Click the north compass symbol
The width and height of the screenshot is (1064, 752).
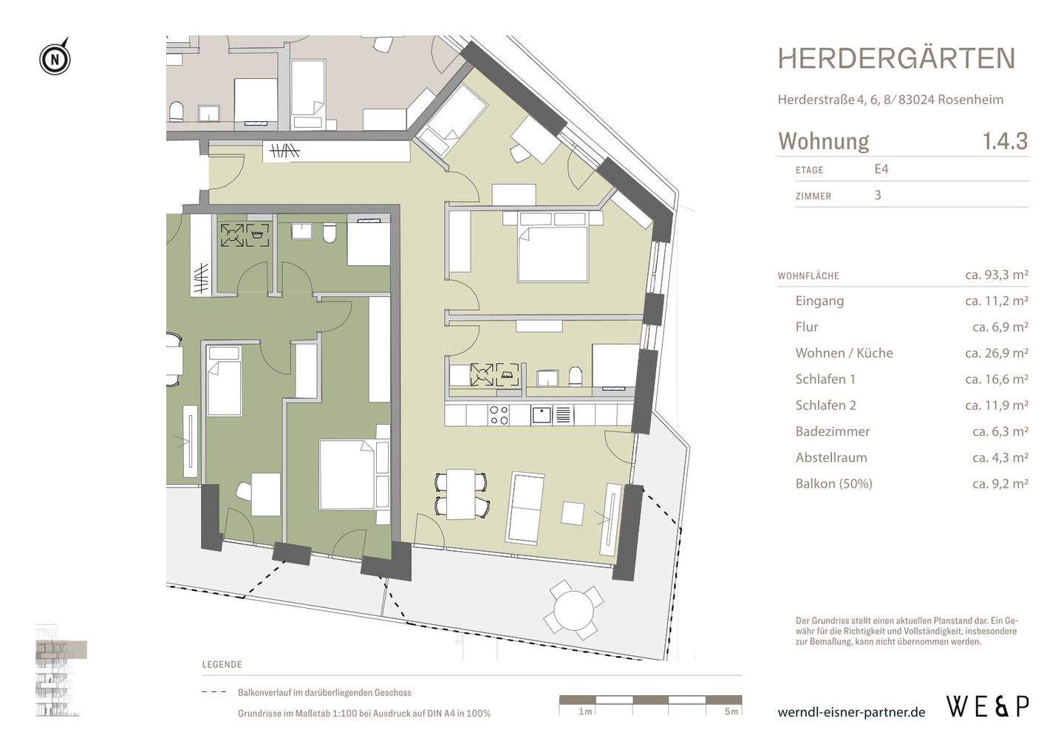[55, 58]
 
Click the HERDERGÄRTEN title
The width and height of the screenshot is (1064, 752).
[896, 59]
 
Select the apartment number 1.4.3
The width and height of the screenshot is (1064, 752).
[1004, 141]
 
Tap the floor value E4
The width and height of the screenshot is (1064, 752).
[881, 169]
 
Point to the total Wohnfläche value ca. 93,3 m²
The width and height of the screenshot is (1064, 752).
[996, 275]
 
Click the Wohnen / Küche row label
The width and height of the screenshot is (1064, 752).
[844, 353]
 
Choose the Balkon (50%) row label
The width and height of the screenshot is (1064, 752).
[833, 484]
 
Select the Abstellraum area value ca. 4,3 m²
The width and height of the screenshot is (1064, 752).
[1000, 458]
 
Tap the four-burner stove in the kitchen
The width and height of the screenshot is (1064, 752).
[499, 415]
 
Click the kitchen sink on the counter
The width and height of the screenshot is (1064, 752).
[541, 415]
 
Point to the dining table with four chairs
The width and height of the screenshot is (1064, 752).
[461, 493]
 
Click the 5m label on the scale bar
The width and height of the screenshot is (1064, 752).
[731, 711]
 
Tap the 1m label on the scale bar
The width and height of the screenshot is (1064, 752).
[584, 711]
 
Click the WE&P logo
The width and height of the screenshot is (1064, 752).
[987, 707]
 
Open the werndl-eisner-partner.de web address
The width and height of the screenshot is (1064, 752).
[851, 712]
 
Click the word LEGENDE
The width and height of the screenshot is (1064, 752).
[222, 665]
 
